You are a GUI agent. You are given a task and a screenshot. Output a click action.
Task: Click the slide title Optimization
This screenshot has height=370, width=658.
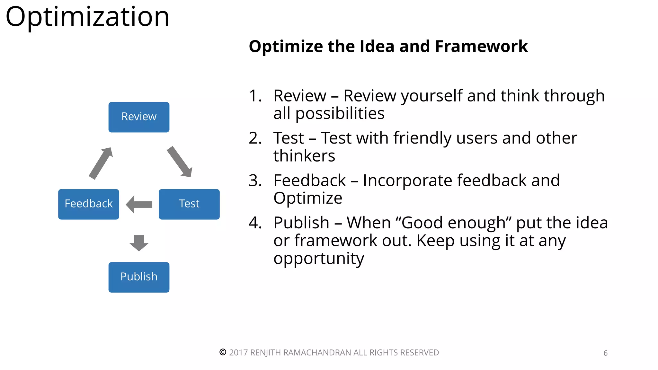(87, 17)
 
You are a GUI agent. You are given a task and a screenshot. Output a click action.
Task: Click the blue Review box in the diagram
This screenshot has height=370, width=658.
(139, 117)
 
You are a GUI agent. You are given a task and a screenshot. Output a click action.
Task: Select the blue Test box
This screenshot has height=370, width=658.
(189, 204)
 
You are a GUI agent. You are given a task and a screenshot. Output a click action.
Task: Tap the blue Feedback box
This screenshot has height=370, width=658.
(89, 204)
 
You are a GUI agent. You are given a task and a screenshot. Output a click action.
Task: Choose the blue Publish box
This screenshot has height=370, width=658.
(139, 277)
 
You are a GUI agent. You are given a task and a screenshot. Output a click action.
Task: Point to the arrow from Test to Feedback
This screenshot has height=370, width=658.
(139, 205)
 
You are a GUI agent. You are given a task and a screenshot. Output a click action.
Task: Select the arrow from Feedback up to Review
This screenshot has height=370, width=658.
(101, 163)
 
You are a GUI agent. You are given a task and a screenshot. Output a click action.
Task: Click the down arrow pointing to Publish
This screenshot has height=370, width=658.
(139, 242)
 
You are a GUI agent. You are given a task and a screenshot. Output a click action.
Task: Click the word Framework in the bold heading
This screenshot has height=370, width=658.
(481, 47)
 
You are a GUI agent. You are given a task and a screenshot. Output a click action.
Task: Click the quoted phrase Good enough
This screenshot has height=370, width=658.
(453, 223)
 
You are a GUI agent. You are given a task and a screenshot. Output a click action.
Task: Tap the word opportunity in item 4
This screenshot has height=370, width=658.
(318, 259)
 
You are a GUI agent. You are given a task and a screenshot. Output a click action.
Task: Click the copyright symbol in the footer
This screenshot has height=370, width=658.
(223, 352)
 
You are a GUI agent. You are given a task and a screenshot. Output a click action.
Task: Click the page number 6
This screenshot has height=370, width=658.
(605, 353)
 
